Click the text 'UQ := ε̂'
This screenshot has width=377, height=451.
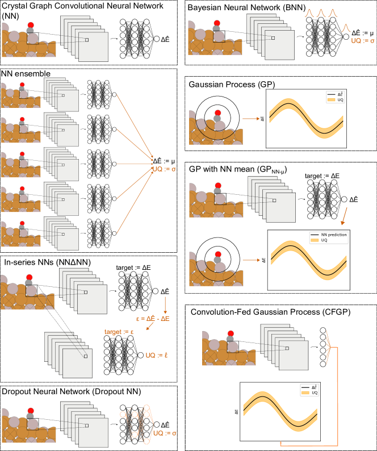point(156,356)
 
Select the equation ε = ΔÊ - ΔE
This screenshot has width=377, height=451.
point(153,319)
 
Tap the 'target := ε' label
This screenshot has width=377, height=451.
point(119,332)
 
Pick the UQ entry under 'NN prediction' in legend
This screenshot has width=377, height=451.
point(324,240)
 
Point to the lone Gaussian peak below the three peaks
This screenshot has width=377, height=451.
point(346,28)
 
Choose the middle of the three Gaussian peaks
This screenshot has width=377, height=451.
point(321,12)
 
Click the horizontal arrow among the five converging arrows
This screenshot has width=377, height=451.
point(135,164)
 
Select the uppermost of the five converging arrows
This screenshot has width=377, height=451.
point(135,126)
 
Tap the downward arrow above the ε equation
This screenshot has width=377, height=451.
point(165,304)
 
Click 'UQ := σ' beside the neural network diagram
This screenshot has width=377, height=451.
point(165,433)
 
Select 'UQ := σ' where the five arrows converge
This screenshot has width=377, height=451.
point(165,169)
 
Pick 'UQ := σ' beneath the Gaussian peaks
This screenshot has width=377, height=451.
point(363,41)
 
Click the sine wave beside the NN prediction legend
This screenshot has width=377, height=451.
point(309,260)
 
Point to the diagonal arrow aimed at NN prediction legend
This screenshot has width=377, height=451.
point(344,216)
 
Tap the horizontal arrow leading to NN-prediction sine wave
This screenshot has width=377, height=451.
point(251,260)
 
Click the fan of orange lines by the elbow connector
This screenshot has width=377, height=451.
point(328,347)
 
